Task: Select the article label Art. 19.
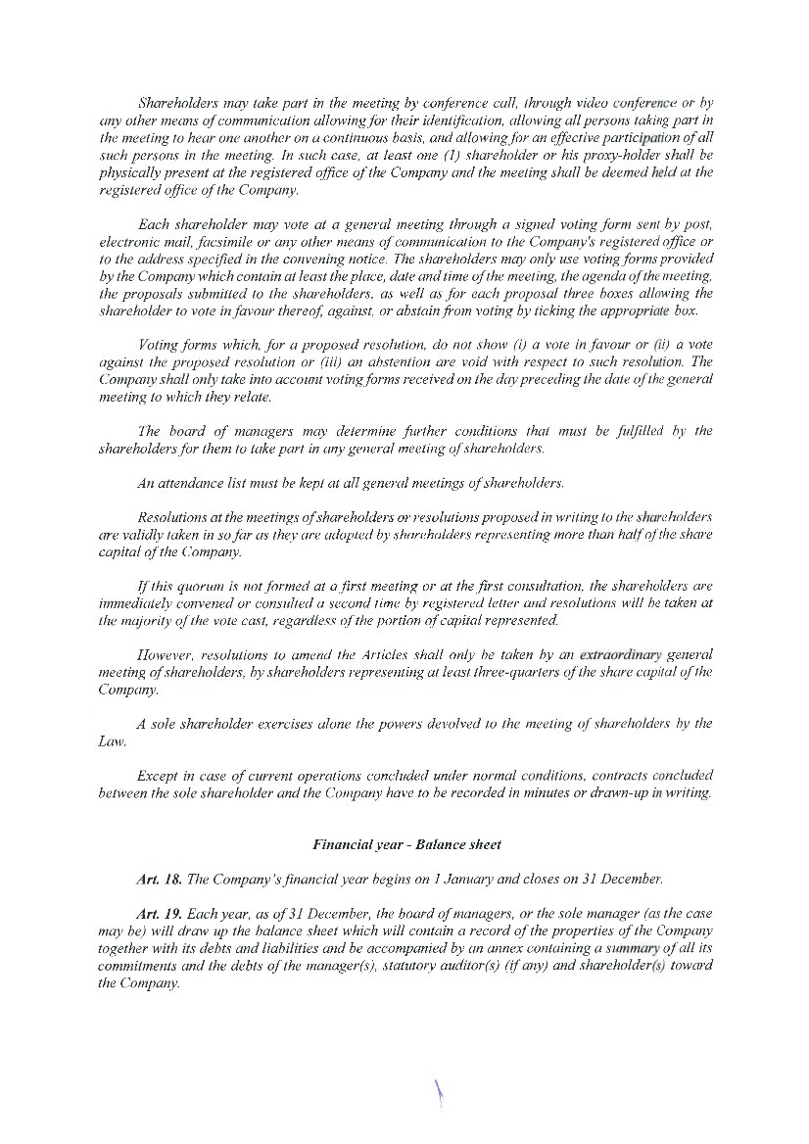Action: (160, 913)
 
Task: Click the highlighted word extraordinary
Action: (621, 654)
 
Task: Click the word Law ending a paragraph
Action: (111, 741)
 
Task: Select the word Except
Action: (160, 776)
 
